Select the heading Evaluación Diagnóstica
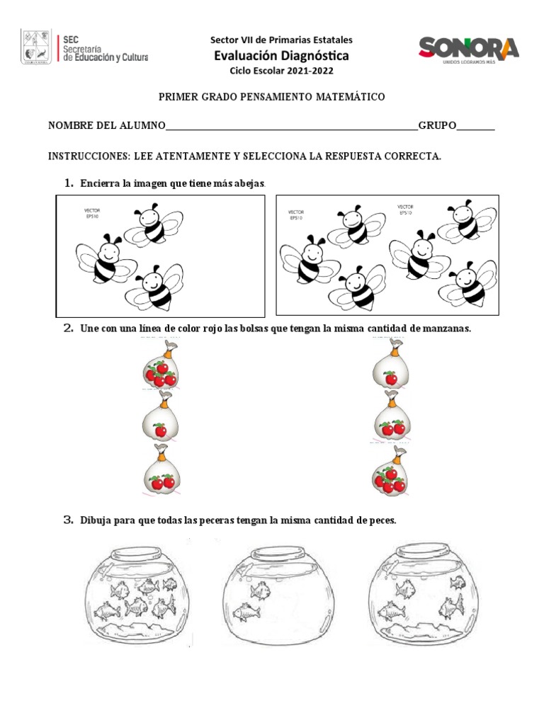(x=281, y=56)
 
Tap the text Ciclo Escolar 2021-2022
(x=281, y=71)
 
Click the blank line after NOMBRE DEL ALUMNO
(x=291, y=127)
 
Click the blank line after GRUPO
(x=475, y=127)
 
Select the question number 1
(x=69, y=183)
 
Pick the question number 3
(x=69, y=520)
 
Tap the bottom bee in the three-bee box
(x=154, y=287)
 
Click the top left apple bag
(x=161, y=365)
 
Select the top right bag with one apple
(x=390, y=365)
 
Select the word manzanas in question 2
(x=443, y=329)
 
